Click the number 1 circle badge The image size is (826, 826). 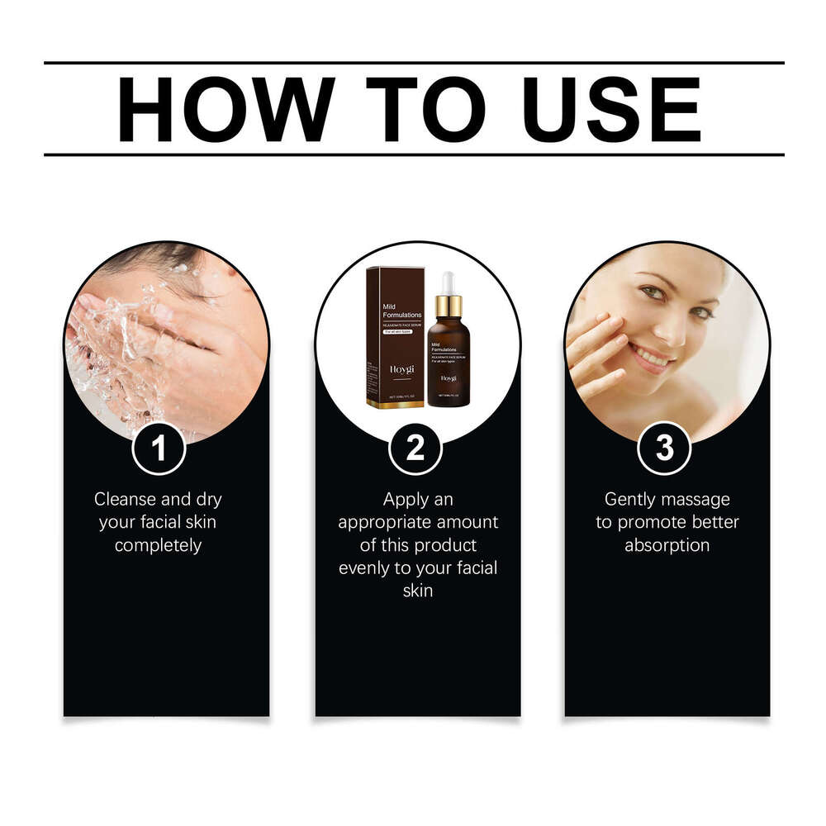point(159,449)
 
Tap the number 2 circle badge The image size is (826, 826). point(415,449)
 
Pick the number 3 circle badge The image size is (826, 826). point(664,449)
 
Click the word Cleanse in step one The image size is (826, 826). point(125,499)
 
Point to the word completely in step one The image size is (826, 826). point(158,545)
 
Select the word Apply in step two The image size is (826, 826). point(406,499)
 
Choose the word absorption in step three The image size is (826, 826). point(667,545)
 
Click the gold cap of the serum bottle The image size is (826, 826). point(449,307)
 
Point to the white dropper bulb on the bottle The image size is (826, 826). point(448,283)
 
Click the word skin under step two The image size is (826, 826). point(417,591)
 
